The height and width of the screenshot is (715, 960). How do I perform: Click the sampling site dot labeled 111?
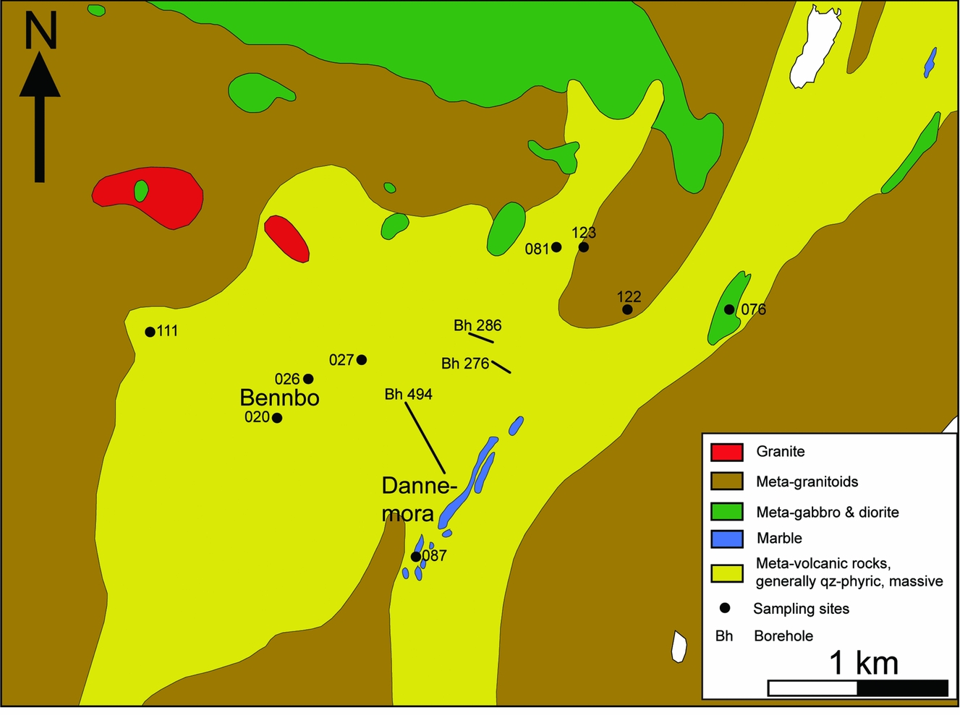pyautogui.click(x=150, y=332)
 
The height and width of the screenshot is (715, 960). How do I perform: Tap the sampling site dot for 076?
pyautogui.click(x=729, y=309)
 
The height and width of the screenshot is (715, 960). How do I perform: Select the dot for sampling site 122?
pyautogui.click(x=627, y=309)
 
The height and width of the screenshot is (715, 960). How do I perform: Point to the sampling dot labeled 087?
pyautogui.click(x=415, y=557)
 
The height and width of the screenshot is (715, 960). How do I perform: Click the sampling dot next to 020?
pyautogui.click(x=277, y=418)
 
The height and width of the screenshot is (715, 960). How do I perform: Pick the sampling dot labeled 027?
pyautogui.click(x=362, y=359)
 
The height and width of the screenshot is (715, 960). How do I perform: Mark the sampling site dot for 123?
pyautogui.click(x=584, y=247)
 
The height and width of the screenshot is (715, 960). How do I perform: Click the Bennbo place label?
pyautogui.click(x=279, y=398)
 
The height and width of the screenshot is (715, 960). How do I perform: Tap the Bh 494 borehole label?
pyautogui.click(x=408, y=394)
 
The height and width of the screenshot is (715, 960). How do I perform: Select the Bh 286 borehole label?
pyautogui.click(x=477, y=325)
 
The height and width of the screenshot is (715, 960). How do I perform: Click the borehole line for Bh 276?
pyautogui.click(x=501, y=367)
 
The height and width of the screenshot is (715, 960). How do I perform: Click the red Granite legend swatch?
pyautogui.click(x=726, y=452)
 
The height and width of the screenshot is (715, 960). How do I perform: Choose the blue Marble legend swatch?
pyautogui.click(x=726, y=539)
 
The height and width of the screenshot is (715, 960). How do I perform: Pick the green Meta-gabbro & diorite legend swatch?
pyautogui.click(x=726, y=512)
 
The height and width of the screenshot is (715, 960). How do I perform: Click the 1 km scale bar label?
pyautogui.click(x=863, y=662)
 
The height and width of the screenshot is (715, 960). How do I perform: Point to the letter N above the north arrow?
pyautogui.click(x=41, y=32)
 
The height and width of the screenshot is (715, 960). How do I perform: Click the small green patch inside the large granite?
pyautogui.click(x=141, y=191)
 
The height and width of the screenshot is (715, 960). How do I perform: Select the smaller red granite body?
pyautogui.click(x=287, y=238)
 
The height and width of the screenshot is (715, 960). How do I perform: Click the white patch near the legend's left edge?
pyautogui.click(x=679, y=646)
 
